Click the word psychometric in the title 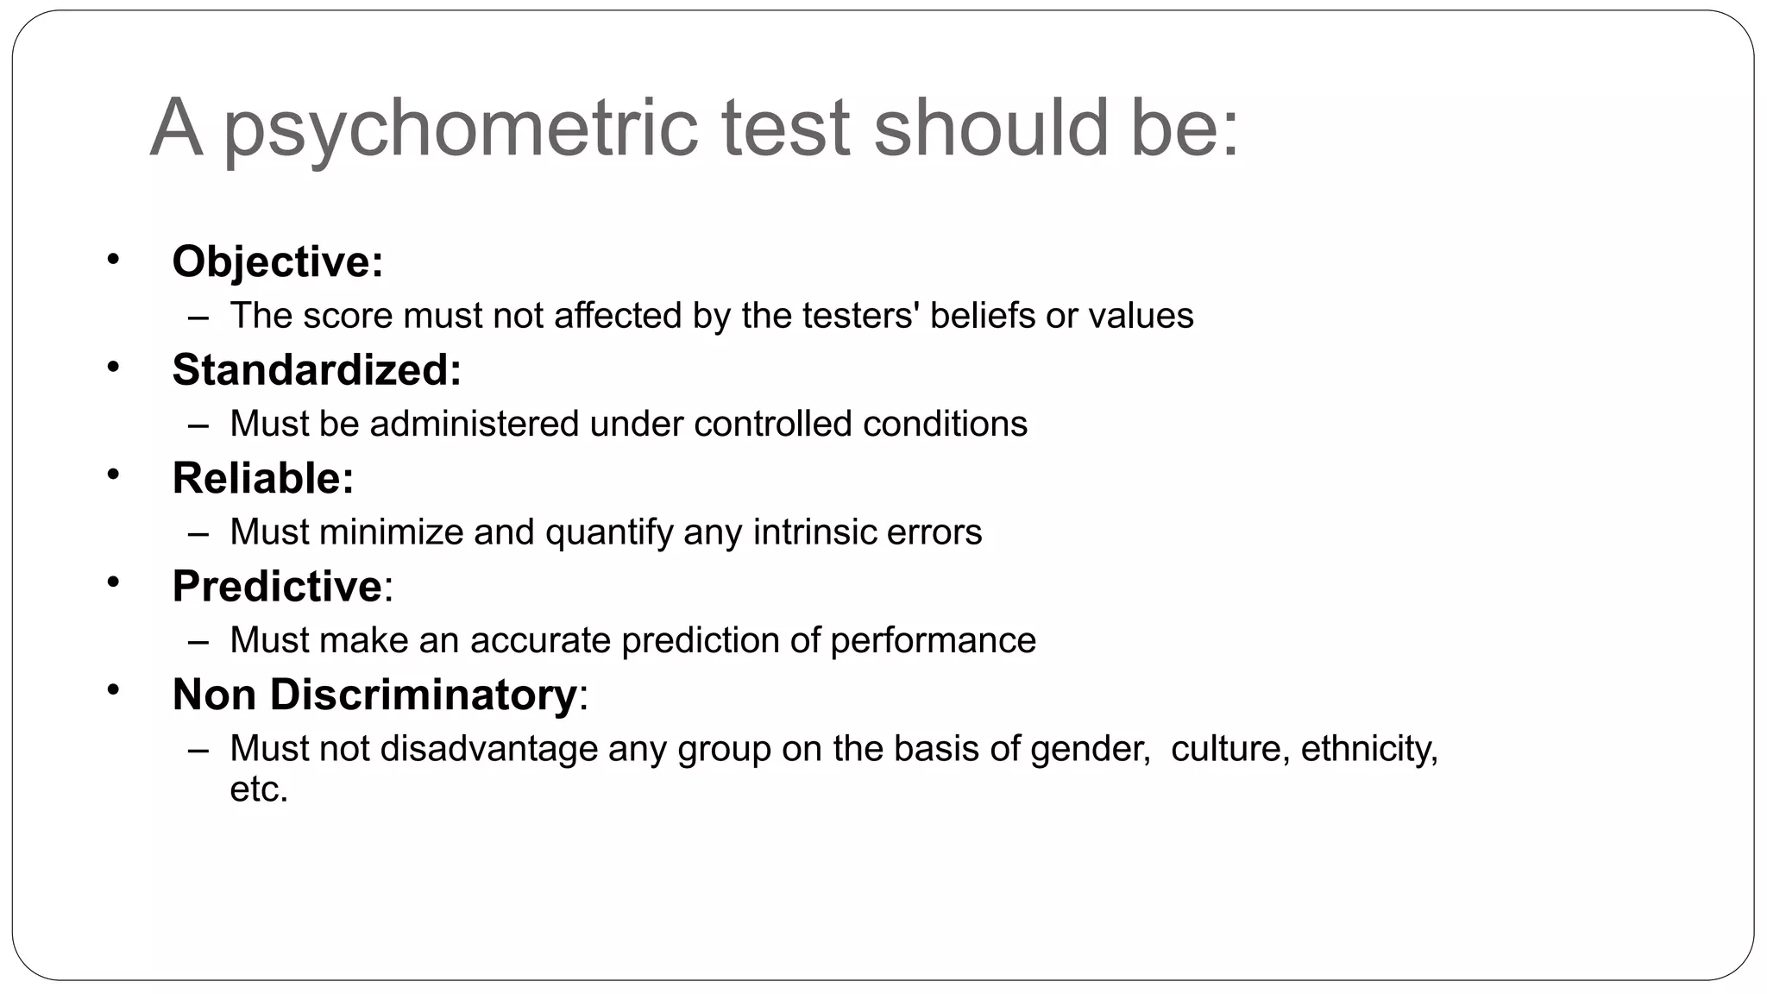pos(460,129)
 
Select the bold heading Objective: pos(277,261)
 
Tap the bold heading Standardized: pos(317,369)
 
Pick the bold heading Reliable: pos(263,478)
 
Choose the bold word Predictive pos(277,586)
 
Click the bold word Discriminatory pos(423,695)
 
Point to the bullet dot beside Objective pos(113,258)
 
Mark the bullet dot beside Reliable pos(113,474)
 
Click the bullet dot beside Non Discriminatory pos(113,690)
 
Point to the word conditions pos(945,424)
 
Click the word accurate pos(540,640)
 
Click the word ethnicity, pos(1369,749)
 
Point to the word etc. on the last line pos(258,790)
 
